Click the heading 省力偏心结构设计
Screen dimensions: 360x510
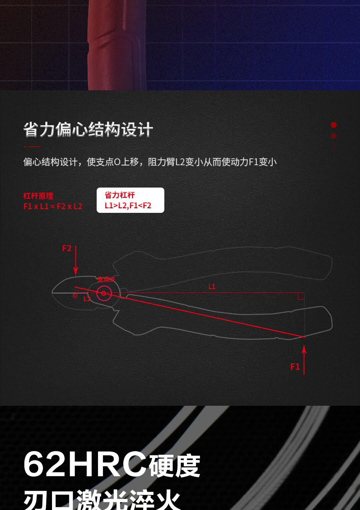[88, 130]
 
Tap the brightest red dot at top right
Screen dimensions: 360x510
[334, 125]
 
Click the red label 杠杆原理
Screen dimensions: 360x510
[38, 196]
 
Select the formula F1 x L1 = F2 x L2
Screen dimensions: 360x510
[53, 207]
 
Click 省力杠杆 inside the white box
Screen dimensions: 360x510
[120, 195]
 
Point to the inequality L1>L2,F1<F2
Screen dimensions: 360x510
[128, 206]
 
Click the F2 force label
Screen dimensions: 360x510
[67, 249]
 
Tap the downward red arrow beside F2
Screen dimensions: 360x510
[76, 261]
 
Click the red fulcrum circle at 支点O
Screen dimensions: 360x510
[104, 293]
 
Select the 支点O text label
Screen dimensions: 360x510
[106, 279]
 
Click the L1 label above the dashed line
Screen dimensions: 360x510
[212, 286]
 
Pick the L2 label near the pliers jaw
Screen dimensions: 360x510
[87, 299]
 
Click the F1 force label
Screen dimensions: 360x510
[295, 367]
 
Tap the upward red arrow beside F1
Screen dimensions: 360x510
[304, 360]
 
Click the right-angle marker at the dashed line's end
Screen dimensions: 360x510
[301, 296]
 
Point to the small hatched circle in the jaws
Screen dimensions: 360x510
[75, 295]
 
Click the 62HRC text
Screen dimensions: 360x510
[85, 464]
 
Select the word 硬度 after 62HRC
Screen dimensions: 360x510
[174, 465]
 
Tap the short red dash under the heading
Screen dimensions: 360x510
[32, 147]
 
